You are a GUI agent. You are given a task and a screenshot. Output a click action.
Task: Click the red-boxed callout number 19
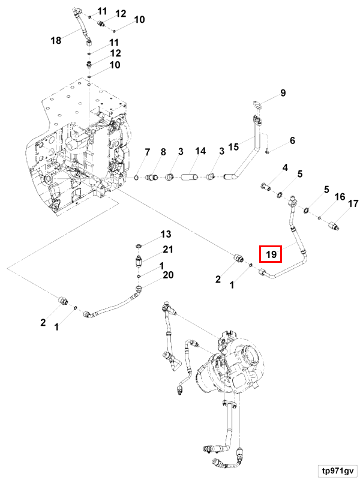click(271, 254)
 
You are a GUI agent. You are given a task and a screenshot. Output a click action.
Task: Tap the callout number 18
click(56, 40)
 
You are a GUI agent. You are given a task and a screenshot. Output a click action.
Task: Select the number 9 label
click(283, 92)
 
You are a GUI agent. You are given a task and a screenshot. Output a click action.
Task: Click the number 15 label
click(233, 146)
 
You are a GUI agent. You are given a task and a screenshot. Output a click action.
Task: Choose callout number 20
click(168, 275)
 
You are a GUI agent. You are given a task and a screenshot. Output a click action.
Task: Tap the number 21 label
click(168, 250)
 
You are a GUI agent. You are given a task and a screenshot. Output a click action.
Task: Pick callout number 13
click(165, 233)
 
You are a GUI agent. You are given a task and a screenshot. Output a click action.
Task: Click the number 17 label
click(353, 203)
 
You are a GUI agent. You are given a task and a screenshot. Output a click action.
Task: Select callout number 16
click(340, 197)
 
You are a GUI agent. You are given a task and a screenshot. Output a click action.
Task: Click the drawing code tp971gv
click(337, 470)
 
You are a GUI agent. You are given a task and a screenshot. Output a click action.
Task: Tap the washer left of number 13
click(139, 245)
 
